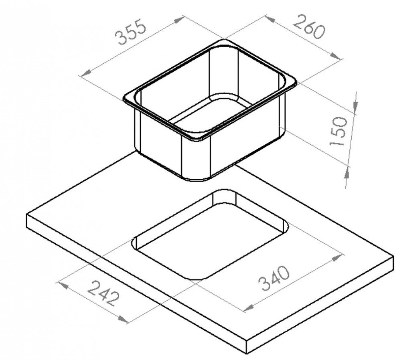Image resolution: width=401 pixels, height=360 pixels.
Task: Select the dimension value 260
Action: pos(310,26)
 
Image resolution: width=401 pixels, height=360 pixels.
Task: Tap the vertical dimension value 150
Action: pos(338,131)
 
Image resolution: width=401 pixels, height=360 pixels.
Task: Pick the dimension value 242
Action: pos(103,293)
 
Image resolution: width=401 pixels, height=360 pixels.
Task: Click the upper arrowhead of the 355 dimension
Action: pos(178,20)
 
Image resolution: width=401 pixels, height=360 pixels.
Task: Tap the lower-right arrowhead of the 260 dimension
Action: pos(336,56)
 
